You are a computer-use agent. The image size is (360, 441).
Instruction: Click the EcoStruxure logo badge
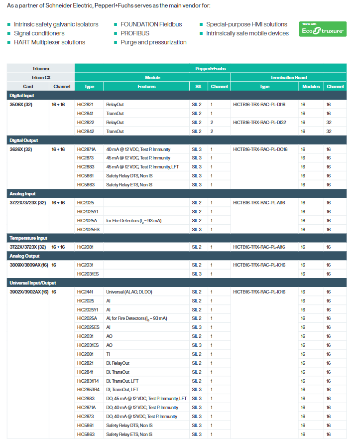tap(322, 29)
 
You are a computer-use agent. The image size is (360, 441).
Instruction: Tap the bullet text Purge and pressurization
tap(153, 42)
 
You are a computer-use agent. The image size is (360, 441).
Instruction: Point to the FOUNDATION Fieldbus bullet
tap(151, 24)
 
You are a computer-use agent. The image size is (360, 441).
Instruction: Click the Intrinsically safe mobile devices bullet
tap(247, 33)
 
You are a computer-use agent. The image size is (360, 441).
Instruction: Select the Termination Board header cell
tap(288, 77)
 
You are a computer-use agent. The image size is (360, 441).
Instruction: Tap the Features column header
tap(146, 86)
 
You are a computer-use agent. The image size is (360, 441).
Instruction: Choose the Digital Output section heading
tap(23, 141)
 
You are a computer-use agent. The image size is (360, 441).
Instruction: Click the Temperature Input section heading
tap(28, 238)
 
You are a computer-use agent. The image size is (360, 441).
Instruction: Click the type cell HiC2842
tap(86, 132)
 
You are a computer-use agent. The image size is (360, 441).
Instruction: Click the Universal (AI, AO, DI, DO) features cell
tap(129, 292)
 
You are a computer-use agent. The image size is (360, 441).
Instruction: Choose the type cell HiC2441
tap(85, 292)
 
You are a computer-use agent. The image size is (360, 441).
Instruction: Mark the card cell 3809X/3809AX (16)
tap(29, 265)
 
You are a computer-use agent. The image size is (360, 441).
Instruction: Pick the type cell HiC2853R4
tap(88, 390)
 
